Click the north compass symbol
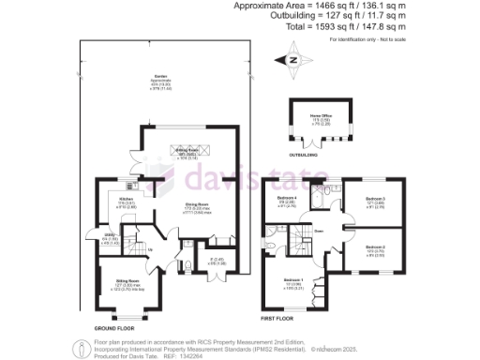tap(293, 59)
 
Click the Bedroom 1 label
tap(293, 282)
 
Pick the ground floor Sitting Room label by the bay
tap(127, 281)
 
